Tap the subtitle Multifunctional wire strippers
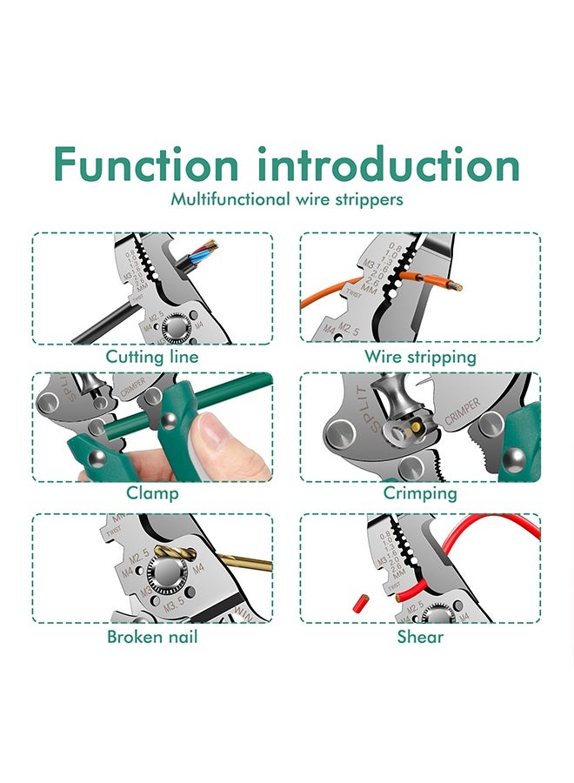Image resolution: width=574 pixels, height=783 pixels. pyautogui.click(x=286, y=199)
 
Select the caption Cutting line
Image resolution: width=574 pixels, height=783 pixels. pyautogui.click(x=152, y=357)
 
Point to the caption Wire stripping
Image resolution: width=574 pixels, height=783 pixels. pyautogui.click(x=420, y=357)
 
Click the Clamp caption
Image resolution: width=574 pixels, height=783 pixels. pyautogui.click(x=152, y=493)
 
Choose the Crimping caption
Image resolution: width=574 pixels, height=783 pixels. pyautogui.click(x=420, y=493)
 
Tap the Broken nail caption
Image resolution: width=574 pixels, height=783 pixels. pyautogui.click(x=152, y=637)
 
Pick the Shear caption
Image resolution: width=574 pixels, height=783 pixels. pyautogui.click(x=420, y=637)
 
